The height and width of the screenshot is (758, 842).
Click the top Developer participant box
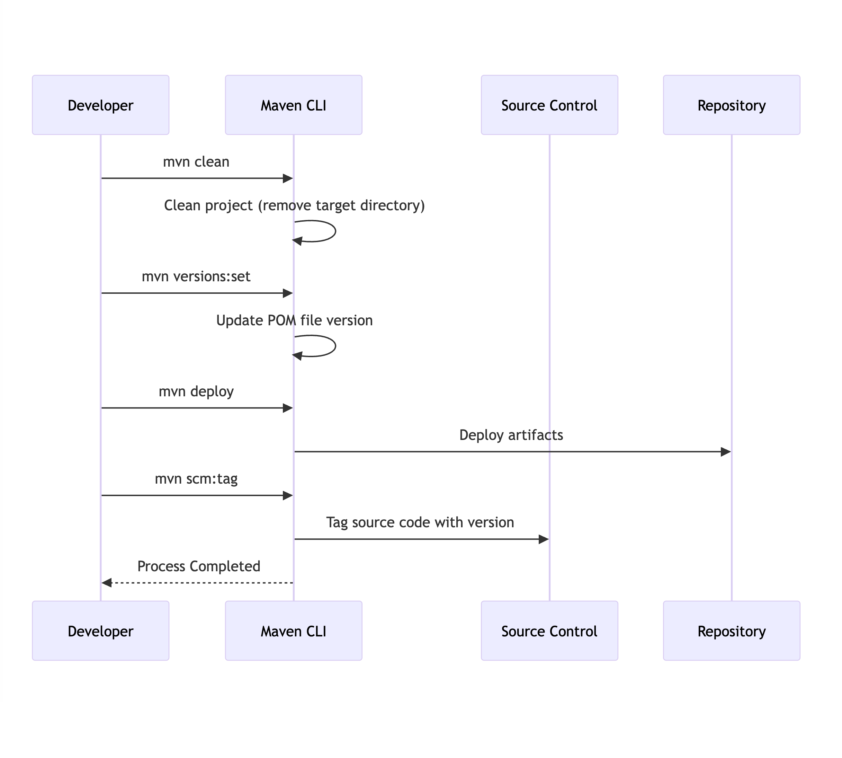click(x=100, y=105)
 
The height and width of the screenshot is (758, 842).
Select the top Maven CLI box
click(x=294, y=105)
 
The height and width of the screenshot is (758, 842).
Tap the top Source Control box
click(x=549, y=105)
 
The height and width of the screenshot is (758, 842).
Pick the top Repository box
click(x=731, y=105)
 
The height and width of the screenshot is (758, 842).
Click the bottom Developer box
click(x=100, y=631)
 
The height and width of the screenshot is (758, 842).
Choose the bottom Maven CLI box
click(x=294, y=631)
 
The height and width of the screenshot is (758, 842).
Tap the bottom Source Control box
click(x=549, y=631)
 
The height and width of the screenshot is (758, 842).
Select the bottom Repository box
click(x=731, y=631)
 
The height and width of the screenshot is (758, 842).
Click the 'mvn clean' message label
click(x=196, y=161)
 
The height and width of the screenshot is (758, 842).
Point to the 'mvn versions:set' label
click(x=196, y=276)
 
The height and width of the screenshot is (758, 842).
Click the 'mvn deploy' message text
click(x=196, y=391)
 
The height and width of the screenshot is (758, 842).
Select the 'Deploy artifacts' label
click(x=511, y=435)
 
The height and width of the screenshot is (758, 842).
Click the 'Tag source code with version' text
click(x=420, y=523)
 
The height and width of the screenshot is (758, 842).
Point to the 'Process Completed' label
click(x=198, y=566)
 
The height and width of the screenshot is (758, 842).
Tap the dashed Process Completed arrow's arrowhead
click(x=107, y=583)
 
